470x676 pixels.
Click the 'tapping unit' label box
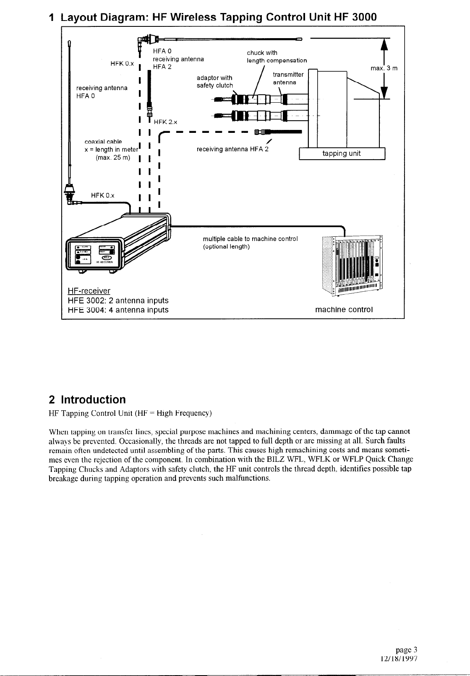[342, 154]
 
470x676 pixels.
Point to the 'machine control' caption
[344, 310]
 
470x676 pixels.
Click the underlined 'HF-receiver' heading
[89, 291]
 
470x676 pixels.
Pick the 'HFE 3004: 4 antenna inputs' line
[118, 310]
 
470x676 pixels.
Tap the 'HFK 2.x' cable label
[166, 122]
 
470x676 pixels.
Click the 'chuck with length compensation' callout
[277, 57]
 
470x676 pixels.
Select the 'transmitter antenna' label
[288, 78]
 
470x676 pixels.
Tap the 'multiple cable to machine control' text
[250, 239]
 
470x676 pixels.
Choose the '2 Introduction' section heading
[87, 399]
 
